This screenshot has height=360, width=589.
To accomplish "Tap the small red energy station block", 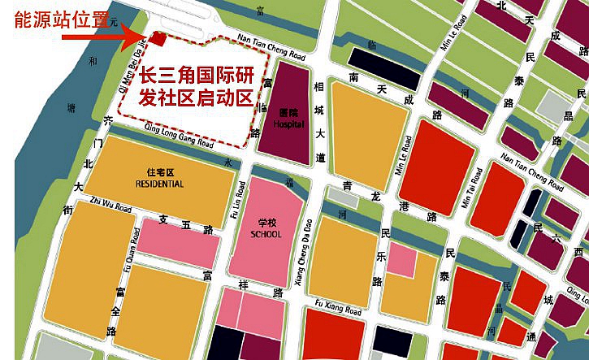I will point(159,38).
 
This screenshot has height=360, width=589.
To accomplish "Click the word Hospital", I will point(288,125).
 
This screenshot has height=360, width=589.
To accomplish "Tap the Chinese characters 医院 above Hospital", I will point(288,115).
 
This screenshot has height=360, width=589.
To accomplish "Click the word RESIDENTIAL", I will point(159,184).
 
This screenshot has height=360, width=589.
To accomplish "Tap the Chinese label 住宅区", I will point(160,173).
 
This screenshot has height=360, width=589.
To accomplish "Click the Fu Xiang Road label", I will point(338,310).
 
